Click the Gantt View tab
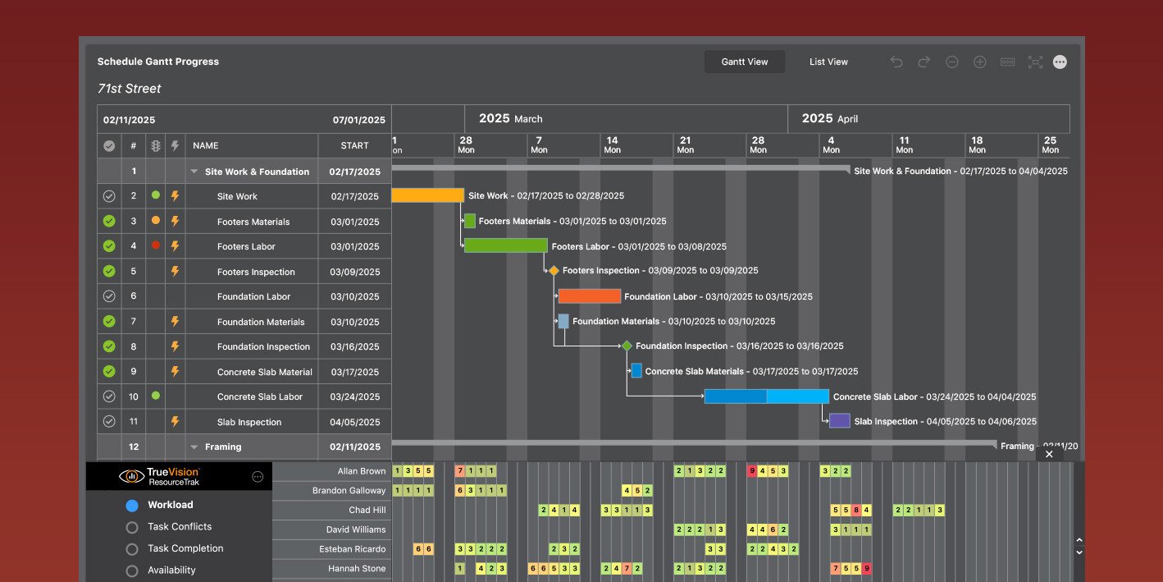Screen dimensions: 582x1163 click(x=744, y=62)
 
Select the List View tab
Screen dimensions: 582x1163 click(x=828, y=62)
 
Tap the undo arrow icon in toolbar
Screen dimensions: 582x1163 click(x=896, y=62)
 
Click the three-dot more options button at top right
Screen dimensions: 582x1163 click(x=1060, y=62)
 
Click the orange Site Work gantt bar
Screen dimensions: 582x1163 click(x=427, y=195)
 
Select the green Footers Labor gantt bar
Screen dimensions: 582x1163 click(x=505, y=245)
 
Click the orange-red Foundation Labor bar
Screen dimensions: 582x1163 click(x=589, y=296)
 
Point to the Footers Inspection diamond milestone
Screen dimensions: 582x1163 click(x=554, y=271)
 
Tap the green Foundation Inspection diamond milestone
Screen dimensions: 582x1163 click(x=627, y=346)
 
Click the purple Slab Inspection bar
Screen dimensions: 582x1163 click(x=839, y=421)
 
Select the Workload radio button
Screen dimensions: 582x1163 click(x=132, y=506)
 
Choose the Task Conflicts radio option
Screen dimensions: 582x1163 click(x=132, y=527)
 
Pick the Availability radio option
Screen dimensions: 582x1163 click(x=132, y=571)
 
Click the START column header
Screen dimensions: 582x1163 click(x=354, y=145)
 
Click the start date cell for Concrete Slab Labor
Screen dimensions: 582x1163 click(x=354, y=396)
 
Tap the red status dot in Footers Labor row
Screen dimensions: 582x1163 click(x=156, y=245)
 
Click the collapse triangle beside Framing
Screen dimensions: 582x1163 click(x=194, y=447)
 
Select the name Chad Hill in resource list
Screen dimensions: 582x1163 click(x=367, y=510)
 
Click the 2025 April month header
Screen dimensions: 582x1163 click(x=830, y=118)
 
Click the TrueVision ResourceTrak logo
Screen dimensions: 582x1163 click(x=160, y=476)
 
